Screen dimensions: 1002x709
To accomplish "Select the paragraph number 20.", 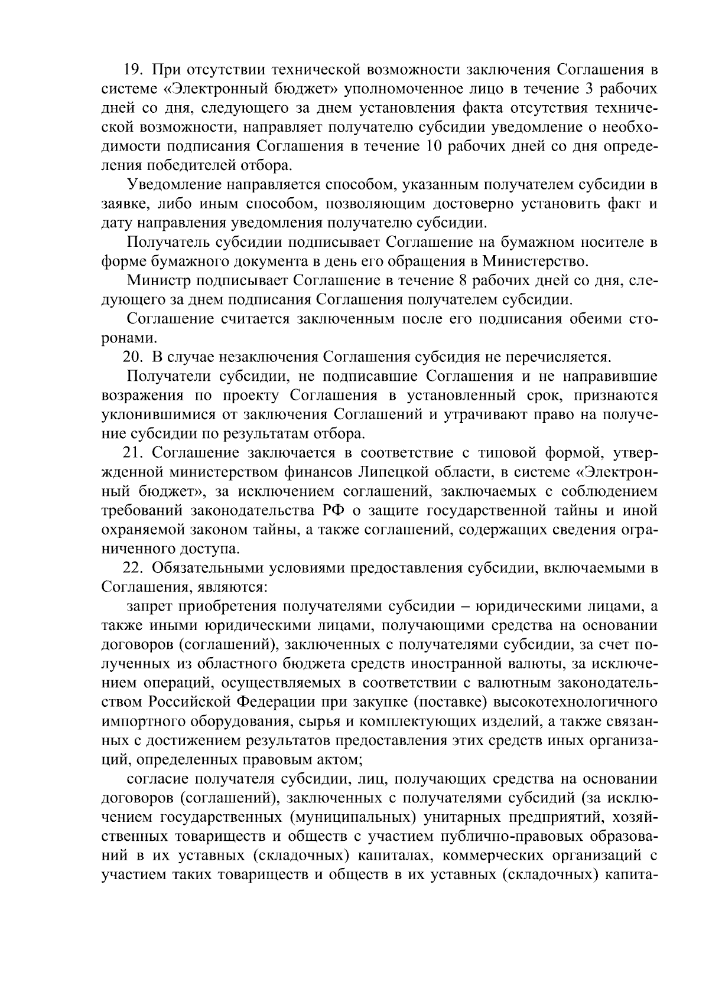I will coord(133,357).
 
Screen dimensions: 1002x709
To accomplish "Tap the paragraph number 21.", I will coord(133,453).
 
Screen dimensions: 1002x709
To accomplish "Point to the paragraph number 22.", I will coord(133,568).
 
